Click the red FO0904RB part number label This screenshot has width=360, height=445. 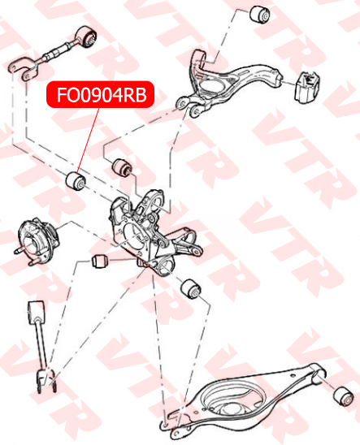click(101, 94)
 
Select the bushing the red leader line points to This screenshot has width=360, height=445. click(76, 181)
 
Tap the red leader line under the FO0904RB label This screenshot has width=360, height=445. click(88, 140)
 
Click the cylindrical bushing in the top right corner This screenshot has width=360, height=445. click(260, 14)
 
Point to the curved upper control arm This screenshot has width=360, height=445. click(227, 82)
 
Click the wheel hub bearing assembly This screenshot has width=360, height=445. click(37, 240)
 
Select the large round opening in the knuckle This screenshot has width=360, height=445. click(136, 235)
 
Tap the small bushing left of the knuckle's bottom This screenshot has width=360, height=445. click(100, 261)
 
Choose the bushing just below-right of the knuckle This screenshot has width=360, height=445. click(191, 289)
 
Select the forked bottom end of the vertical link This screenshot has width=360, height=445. click(46, 380)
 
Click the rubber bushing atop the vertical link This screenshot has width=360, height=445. click(37, 312)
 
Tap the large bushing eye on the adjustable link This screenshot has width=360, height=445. click(87, 36)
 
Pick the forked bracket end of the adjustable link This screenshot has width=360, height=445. click(23, 69)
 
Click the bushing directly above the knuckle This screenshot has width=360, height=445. click(122, 167)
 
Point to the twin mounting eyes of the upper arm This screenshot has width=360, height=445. click(189, 106)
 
